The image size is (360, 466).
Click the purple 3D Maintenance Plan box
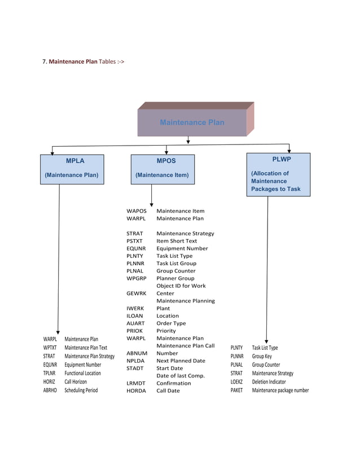point(192,122)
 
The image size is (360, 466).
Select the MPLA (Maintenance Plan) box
point(72,168)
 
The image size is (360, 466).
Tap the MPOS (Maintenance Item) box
point(163,168)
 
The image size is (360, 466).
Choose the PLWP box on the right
point(278,174)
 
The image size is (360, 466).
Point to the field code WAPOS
point(136,211)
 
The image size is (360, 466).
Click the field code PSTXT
point(134,241)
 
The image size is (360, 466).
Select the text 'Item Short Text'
point(177,241)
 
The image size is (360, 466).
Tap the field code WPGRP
point(136,278)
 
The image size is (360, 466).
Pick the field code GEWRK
point(136,293)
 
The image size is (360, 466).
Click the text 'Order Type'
point(171,323)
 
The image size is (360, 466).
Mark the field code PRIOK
point(135,331)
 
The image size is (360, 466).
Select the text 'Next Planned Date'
point(181,361)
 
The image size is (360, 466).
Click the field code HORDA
point(136,390)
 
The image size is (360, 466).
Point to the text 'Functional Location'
point(82,373)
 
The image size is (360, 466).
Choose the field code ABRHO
point(50,390)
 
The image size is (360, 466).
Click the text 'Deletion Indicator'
point(269,381)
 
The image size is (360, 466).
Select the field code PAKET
point(236,390)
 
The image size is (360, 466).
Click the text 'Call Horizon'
point(76,381)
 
